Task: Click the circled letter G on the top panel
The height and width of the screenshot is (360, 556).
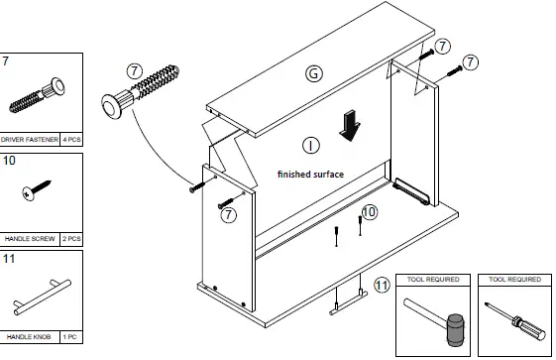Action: click(x=314, y=73)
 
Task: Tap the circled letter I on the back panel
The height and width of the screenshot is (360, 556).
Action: click(x=311, y=146)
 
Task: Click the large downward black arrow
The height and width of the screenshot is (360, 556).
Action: click(x=350, y=126)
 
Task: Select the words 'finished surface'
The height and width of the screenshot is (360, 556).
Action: click(x=310, y=175)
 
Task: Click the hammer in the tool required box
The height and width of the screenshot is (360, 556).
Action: click(x=438, y=320)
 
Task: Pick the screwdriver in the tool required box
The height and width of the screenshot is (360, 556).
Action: click(x=514, y=321)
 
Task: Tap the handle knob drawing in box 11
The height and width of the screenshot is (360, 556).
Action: click(x=43, y=298)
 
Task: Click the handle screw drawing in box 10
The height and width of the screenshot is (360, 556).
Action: click(x=37, y=190)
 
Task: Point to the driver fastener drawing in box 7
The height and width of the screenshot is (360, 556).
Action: click(x=37, y=95)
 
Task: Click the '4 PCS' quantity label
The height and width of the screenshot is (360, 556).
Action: click(x=71, y=140)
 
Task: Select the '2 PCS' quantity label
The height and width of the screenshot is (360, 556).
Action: click(x=71, y=239)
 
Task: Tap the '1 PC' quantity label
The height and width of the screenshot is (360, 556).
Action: click(x=69, y=336)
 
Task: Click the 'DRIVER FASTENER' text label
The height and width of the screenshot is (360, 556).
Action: click(x=30, y=140)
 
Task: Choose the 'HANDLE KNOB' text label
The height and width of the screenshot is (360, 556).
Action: click(x=29, y=336)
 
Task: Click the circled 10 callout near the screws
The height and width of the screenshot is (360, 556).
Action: click(x=369, y=212)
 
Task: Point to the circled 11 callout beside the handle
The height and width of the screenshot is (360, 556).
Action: click(x=382, y=286)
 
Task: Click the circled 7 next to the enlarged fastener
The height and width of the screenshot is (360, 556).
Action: click(x=135, y=71)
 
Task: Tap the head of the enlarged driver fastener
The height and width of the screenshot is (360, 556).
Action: click(x=111, y=106)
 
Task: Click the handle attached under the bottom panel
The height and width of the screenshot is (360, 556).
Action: click(x=348, y=301)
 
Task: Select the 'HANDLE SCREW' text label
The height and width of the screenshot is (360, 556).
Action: click(x=30, y=239)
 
